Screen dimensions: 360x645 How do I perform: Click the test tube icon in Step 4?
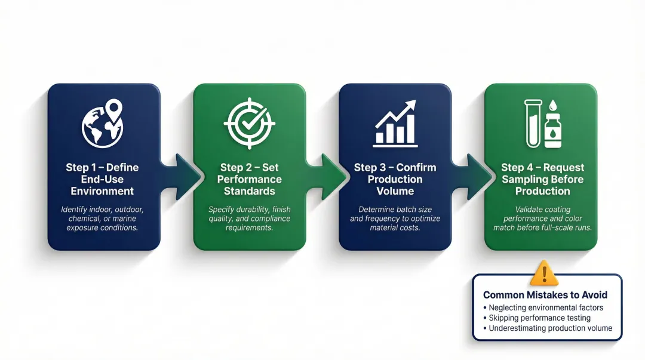pos(531,123)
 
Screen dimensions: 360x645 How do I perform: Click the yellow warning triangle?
pos(544,273)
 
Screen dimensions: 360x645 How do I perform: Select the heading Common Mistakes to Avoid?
pos(545,295)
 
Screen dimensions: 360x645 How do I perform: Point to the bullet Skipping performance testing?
pos(539,318)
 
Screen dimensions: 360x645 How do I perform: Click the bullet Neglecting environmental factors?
pos(546,307)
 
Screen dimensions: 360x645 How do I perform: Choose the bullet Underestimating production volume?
pos(551,328)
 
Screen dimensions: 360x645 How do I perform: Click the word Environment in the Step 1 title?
pos(103,191)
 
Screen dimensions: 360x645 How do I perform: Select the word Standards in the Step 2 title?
pos(250,191)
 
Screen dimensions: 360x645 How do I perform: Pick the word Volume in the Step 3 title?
pos(395,191)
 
